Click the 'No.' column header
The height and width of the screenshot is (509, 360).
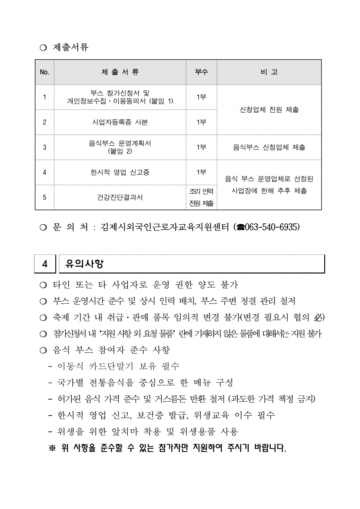click(45, 72)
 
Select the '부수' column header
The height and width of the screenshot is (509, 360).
click(201, 72)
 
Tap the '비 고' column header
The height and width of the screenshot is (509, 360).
click(269, 72)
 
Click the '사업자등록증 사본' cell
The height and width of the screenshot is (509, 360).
click(120, 122)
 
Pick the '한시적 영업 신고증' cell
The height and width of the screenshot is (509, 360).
click(120, 172)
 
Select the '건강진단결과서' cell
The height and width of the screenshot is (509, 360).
click(120, 198)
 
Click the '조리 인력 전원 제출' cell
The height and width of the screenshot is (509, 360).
click(201, 197)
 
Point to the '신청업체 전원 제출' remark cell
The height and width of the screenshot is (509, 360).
click(269, 110)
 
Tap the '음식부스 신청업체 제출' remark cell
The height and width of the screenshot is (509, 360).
click(269, 147)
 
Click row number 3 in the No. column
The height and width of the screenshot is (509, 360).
click(45, 147)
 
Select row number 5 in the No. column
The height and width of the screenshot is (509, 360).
click(45, 198)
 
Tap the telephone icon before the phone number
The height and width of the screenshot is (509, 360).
click(240, 227)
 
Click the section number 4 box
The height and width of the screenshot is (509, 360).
click(45, 264)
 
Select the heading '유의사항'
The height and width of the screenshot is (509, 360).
click(84, 264)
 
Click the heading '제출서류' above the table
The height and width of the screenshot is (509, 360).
click(71, 47)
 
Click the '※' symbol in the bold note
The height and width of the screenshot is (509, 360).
click(52, 448)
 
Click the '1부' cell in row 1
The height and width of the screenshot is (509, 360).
click(201, 97)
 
